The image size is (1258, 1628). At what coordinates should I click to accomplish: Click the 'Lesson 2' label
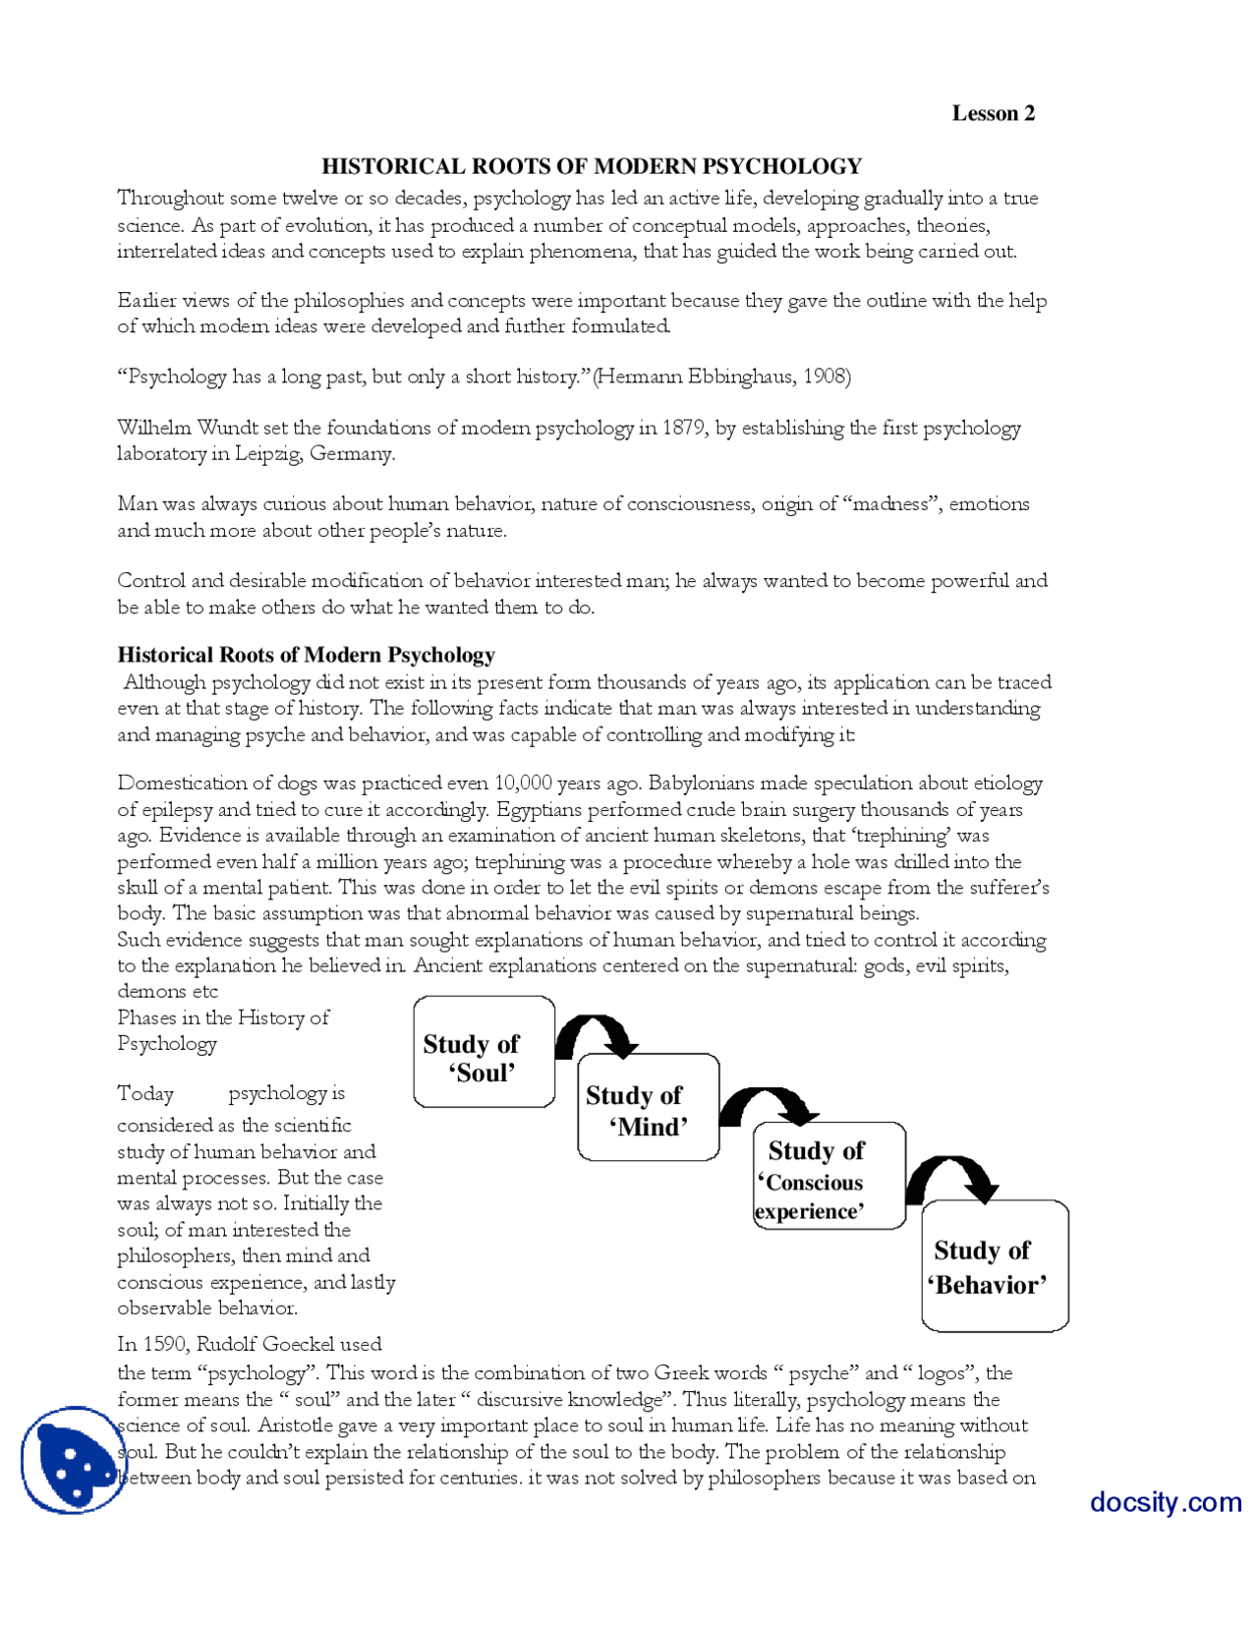(x=993, y=113)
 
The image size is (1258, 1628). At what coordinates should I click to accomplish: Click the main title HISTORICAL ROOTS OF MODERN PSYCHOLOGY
(x=592, y=166)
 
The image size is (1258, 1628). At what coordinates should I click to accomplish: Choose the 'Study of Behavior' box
(x=994, y=1267)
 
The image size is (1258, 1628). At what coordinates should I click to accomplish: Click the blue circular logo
(x=73, y=1460)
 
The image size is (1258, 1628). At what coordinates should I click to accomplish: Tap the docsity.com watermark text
(x=1165, y=1502)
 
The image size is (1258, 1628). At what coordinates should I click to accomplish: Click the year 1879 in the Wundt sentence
(x=685, y=428)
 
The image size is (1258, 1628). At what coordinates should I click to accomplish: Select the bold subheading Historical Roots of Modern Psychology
(x=306, y=655)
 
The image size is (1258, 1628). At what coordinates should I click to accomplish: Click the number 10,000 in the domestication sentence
(x=523, y=784)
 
